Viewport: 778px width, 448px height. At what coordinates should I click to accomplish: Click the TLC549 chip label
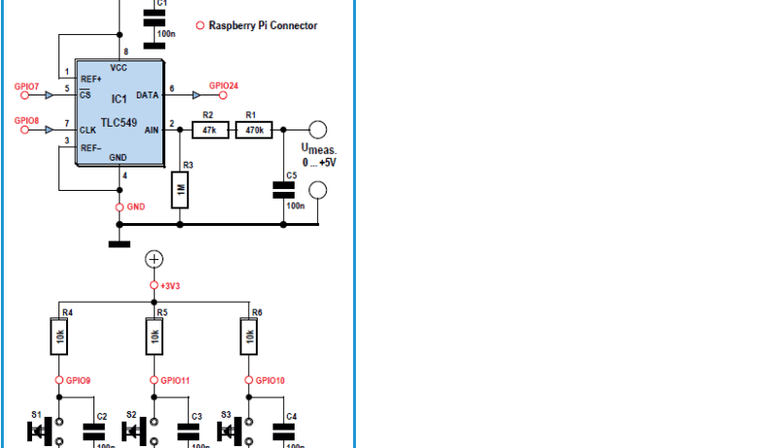click(x=117, y=125)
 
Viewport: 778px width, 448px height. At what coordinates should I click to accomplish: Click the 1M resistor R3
click(x=181, y=190)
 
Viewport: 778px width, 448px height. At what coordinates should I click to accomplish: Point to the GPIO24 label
click(x=223, y=86)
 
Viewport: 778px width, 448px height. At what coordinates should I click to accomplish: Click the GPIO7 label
click(x=27, y=87)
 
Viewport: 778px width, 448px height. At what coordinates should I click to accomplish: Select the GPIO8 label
click(x=27, y=120)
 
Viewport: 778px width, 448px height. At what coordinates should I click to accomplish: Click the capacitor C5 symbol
click(x=284, y=192)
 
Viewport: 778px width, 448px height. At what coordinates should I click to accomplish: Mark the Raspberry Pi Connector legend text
click(x=263, y=26)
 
